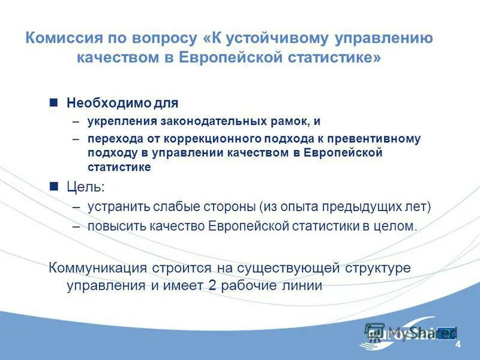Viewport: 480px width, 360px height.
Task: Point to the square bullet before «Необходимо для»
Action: [x=53, y=102]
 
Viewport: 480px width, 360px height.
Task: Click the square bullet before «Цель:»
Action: [x=53, y=187]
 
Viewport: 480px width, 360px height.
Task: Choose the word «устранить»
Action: [x=118, y=207]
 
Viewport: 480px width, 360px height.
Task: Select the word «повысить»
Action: [x=116, y=227]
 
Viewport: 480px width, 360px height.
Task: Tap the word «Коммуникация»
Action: [x=98, y=268]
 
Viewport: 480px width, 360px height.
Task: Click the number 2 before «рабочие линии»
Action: [x=212, y=286]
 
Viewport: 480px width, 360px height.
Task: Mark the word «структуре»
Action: [x=382, y=268]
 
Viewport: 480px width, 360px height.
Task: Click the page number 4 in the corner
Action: [x=458, y=344]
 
